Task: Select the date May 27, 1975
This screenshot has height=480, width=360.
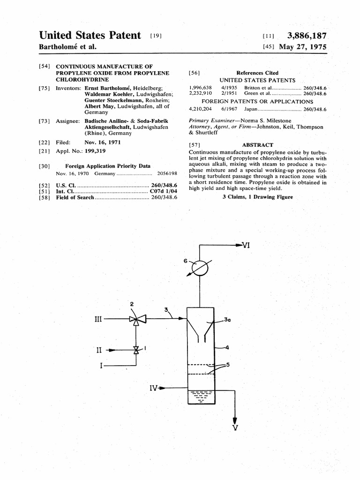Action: (303, 47)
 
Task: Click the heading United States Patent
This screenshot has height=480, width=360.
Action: (90, 35)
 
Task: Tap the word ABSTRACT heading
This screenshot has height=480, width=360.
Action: (257, 145)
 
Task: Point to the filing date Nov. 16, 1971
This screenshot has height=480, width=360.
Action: (102, 142)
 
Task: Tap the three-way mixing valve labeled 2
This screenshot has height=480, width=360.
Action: (136, 319)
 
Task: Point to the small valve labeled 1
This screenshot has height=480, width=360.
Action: (136, 350)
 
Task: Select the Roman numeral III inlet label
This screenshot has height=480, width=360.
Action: (98, 319)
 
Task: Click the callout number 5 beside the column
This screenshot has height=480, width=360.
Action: (227, 365)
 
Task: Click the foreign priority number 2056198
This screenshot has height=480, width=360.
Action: (167, 173)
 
